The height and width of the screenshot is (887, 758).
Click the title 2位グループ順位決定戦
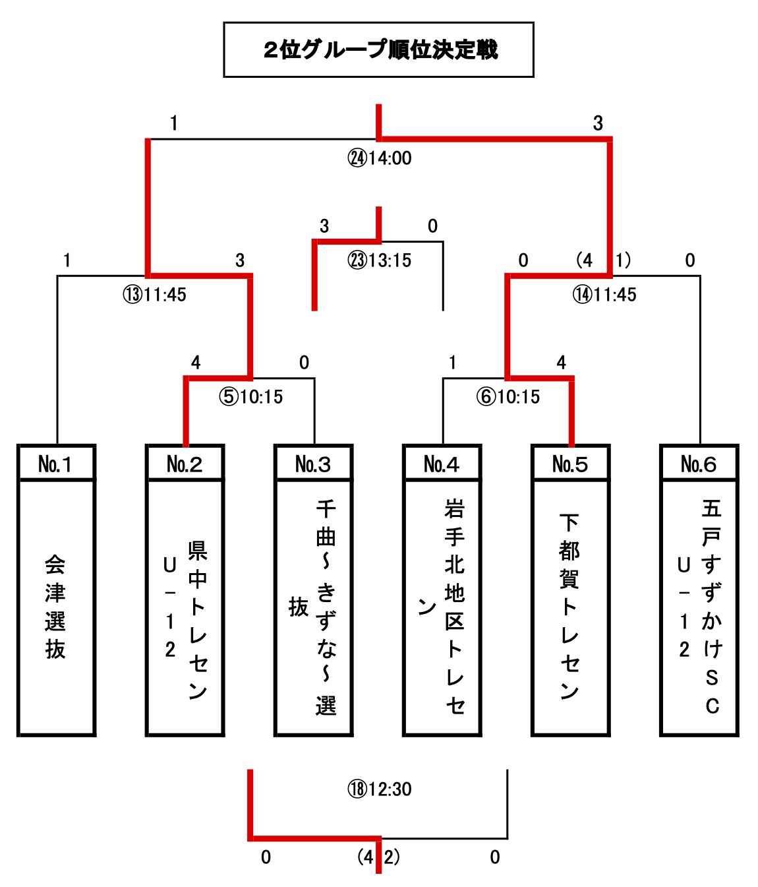coord(379,50)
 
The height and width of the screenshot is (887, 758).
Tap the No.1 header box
coord(56,464)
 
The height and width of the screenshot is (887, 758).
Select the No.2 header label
coord(185,464)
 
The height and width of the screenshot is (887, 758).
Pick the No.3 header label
coord(313,464)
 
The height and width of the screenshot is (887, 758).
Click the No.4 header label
coord(442,464)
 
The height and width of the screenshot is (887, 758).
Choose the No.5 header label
coord(570,464)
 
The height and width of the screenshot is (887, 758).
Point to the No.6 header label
coord(699,464)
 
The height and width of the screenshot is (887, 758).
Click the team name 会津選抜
coord(55,607)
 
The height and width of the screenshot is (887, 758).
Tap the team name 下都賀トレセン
coord(569,607)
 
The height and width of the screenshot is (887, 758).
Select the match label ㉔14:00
coord(380,158)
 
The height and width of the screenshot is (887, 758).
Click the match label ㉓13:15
coord(380,260)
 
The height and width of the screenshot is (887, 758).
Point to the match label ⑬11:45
coord(155,295)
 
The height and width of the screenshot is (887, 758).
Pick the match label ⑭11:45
coord(604,295)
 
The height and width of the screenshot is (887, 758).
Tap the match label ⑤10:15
coord(251,397)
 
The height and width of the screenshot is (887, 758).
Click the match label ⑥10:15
coord(508,397)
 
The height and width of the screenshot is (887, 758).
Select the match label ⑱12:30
coord(380,789)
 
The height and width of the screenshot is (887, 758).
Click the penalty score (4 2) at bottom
coord(378,857)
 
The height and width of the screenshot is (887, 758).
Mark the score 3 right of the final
coord(598,123)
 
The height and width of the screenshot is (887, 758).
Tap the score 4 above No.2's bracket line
coord(196,363)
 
